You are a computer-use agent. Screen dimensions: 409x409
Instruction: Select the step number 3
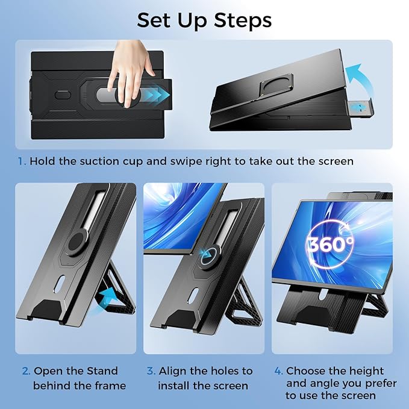[150, 370]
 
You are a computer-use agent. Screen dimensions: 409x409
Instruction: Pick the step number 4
[278, 370]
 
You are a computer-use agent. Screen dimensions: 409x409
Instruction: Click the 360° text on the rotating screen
[331, 243]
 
